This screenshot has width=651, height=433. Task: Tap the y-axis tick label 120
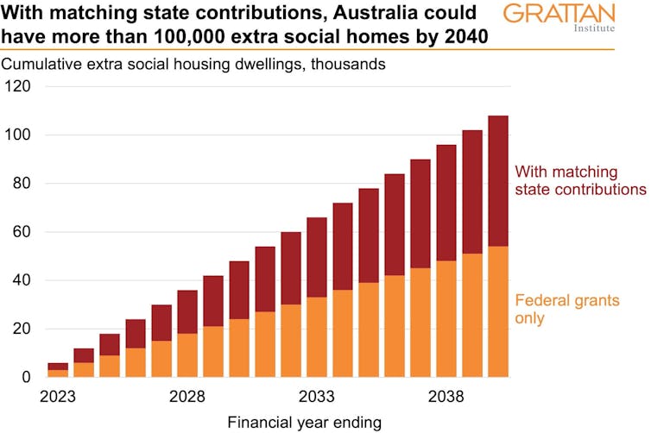point(18,86)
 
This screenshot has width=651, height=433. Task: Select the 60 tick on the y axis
point(22,232)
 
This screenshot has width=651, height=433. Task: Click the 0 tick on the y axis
point(26,378)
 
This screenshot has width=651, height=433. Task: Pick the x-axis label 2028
point(186,398)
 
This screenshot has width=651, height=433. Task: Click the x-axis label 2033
point(316,398)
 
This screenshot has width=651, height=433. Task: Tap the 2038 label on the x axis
point(446,398)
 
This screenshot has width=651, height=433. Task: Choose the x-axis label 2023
point(57,398)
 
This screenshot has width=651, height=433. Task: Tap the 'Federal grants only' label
point(568,310)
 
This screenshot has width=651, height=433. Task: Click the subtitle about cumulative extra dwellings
point(193,64)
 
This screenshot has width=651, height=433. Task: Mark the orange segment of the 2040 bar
point(498,311)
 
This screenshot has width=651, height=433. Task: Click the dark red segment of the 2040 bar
point(498,180)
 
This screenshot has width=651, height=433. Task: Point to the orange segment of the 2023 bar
point(57,373)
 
